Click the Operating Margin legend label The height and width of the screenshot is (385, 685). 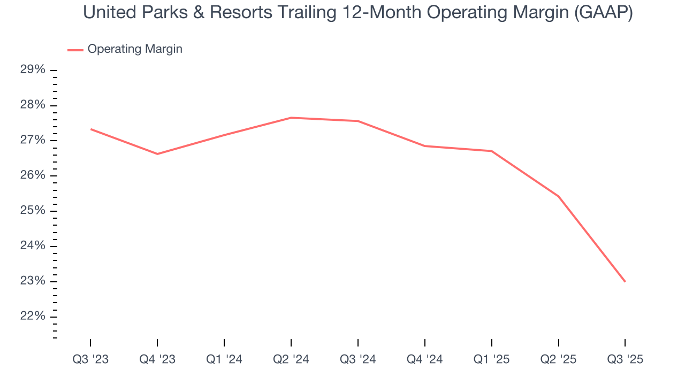(135, 49)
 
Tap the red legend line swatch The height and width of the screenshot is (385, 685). (75, 50)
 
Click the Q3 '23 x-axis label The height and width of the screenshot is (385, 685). (90, 359)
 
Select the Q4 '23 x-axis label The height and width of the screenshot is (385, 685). (157, 359)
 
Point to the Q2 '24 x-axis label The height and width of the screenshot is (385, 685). (291, 359)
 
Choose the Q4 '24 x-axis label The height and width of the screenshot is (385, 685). (424, 359)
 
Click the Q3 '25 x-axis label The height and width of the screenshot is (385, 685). (625, 359)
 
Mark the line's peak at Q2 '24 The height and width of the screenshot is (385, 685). (291, 118)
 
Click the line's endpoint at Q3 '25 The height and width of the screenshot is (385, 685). (625, 281)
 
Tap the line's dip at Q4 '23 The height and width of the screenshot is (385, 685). (157, 154)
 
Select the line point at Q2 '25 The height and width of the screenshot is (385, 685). (558, 196)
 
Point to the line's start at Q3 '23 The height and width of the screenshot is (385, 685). (90, 129)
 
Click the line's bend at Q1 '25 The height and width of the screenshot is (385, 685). (491, 151)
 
